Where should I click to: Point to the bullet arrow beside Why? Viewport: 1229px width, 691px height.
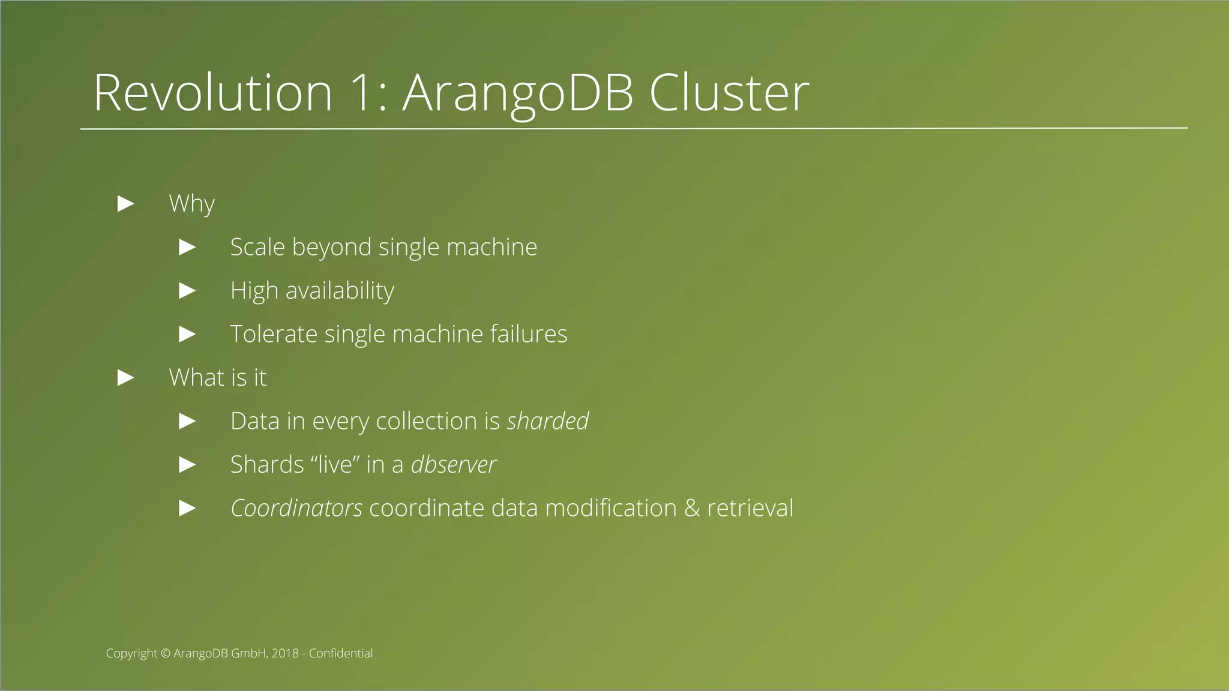[126, 204]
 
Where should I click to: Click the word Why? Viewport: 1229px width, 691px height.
[191, 204]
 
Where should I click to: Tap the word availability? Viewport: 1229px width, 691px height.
[340, 291]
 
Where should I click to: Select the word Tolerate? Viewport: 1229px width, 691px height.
[274, 334]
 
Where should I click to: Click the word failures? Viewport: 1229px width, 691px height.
[528, 334]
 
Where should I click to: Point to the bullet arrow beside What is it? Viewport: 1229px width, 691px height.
[126, 378]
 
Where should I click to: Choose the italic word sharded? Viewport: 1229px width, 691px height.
[548, 421]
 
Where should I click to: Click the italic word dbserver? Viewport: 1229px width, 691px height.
[454, 465]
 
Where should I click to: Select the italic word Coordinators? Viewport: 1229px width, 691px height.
[296, 508]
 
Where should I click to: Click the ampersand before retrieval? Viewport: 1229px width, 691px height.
[692, 508]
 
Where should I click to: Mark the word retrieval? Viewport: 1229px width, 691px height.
[750, 508]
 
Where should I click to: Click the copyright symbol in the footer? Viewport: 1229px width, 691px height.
[166, 653]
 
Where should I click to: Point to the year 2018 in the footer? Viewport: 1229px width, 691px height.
[284, 653]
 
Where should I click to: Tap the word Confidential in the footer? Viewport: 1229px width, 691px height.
[340, 653]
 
